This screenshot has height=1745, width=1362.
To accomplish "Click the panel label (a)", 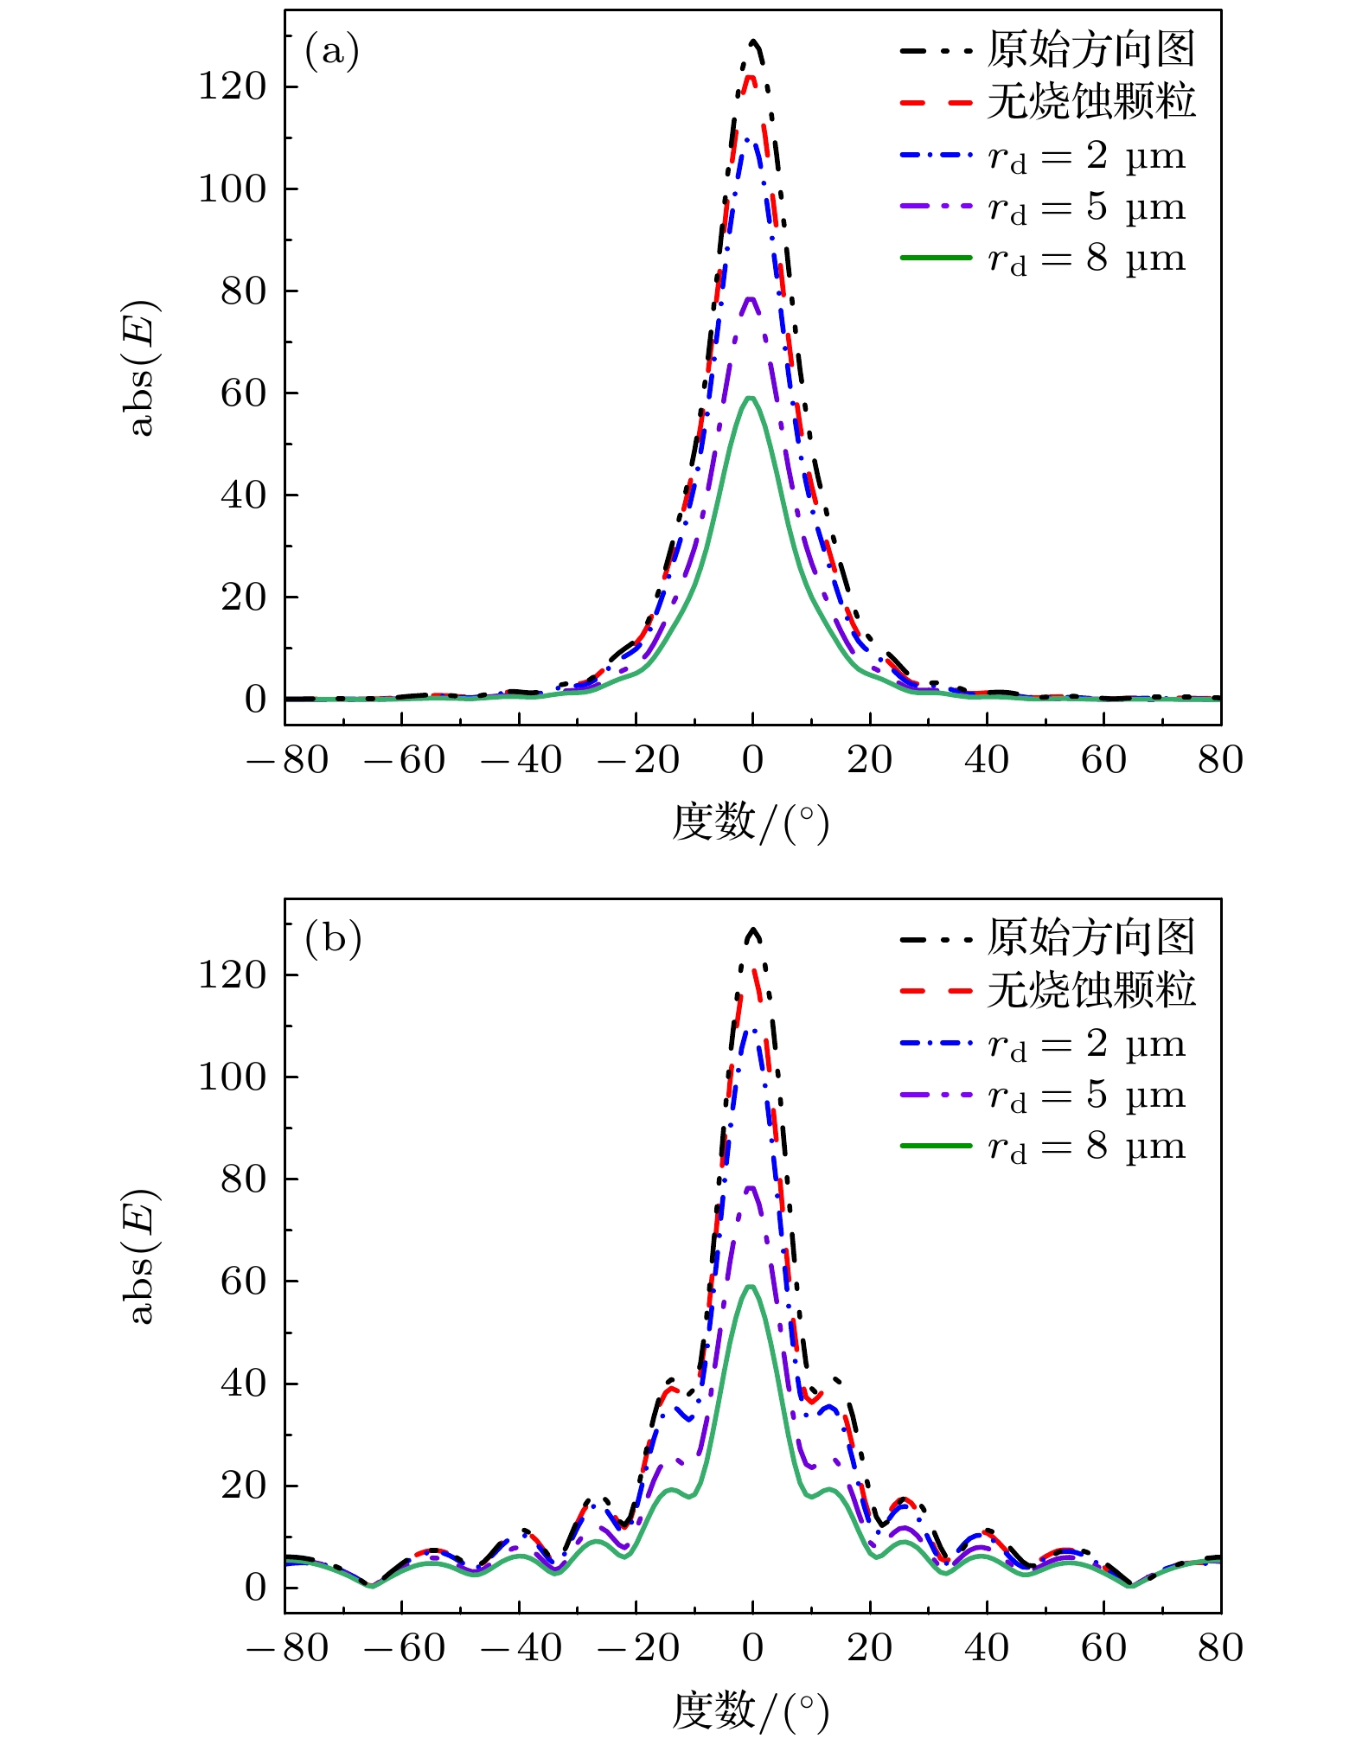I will pyautogui.click(x=331, y=52).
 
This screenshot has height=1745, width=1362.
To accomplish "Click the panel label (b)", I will pyautogui.click(x=332, y=939).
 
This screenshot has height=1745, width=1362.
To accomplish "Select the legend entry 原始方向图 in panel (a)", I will pyautogui.click(x=1091, y=50).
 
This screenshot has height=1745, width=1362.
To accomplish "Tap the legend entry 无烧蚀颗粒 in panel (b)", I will pyautogui.click(x=1091, y=990).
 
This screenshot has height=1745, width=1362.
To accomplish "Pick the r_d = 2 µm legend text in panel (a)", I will pyautogui.click(x=1086, y=157).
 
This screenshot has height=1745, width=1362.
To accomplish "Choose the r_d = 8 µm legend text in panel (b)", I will pyautogui.click(x=1086, y=1147).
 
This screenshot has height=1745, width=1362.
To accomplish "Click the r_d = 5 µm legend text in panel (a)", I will pyautogui.click(x=1086, y=208).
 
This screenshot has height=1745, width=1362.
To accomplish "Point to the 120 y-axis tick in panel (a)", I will pyautogui.click(x=232, y=86).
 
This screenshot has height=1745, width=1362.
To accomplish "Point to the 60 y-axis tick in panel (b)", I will pyautogui.click(x=243, y=1281).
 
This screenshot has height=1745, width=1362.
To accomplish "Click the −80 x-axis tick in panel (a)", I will pyautogui.click(x=287, y=761).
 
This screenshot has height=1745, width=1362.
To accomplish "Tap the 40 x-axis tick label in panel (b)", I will pyautogui.click(x=987, y=1648).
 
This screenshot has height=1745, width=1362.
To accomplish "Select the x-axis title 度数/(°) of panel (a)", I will pyautogui.click(x=750, y=822).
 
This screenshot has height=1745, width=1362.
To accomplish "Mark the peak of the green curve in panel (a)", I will pyautogui.click(x=751, y=398).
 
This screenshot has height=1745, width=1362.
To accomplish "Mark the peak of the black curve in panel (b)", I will pyautogui.click(x=753, y=930).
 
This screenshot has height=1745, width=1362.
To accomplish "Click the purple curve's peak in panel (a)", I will pyautogui.click(x=751, y=298).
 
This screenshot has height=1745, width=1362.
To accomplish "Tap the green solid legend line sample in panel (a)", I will pyautogui.click(x=936, y=258).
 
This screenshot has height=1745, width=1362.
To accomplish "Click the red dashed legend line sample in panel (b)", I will pyautogui.click(x=936, y=990).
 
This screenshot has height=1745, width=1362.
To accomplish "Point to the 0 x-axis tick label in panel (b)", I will pyautogui.click(x=752, y=1648).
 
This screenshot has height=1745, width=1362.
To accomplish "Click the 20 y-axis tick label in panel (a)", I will pyautogui.click(x=243, y=597).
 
